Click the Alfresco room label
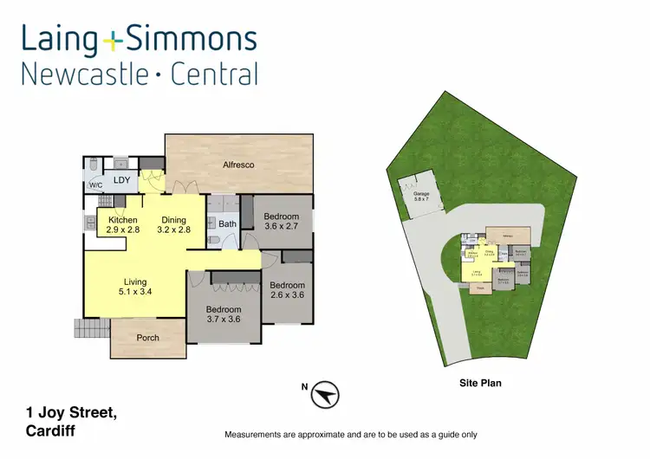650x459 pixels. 238,165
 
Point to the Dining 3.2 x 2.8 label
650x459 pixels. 173,225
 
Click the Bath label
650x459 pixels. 227,224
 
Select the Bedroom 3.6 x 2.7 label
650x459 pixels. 282,222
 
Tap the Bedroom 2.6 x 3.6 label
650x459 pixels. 287,290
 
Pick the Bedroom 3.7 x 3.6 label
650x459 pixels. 223,314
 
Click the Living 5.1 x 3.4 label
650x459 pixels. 135,287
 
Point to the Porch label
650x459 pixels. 148,338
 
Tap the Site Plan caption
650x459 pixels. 480,382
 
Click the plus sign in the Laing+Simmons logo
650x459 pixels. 113,39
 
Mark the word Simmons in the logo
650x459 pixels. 191,39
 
